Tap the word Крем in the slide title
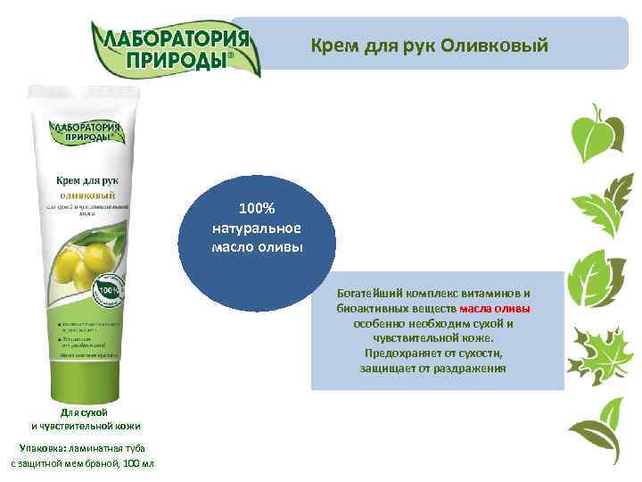(x=332, y=44)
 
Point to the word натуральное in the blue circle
(x=257, y=228)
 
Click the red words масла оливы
(x=495, y=309)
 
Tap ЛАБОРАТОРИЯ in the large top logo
(x=175, y=40)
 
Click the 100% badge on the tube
(x=107, y=292)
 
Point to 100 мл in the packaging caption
(x=141, y=464)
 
